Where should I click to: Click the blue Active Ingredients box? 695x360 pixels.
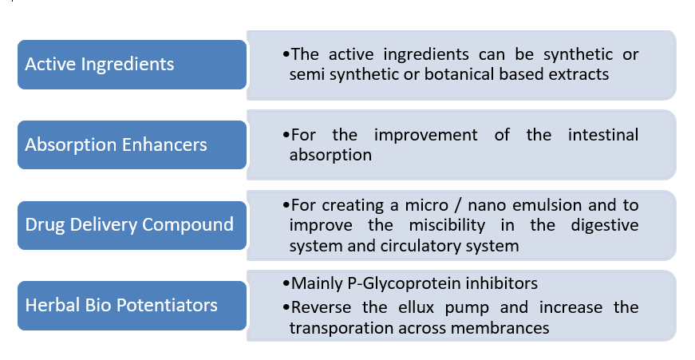[132, 65]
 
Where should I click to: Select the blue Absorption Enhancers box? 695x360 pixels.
[132, 145]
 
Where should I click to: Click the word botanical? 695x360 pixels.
[460, 74]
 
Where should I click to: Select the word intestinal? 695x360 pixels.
[603, 135]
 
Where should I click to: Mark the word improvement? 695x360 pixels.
[426, 136]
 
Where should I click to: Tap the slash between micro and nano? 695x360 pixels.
[456, 206]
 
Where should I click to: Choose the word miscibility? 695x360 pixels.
[447, 226]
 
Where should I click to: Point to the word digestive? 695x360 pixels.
[605, 226]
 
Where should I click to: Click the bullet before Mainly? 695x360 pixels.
[286, 283]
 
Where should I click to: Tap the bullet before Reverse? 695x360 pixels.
[286, 307]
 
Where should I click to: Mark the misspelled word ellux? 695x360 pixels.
[417, 307]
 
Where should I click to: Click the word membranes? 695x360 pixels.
[500, 329]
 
